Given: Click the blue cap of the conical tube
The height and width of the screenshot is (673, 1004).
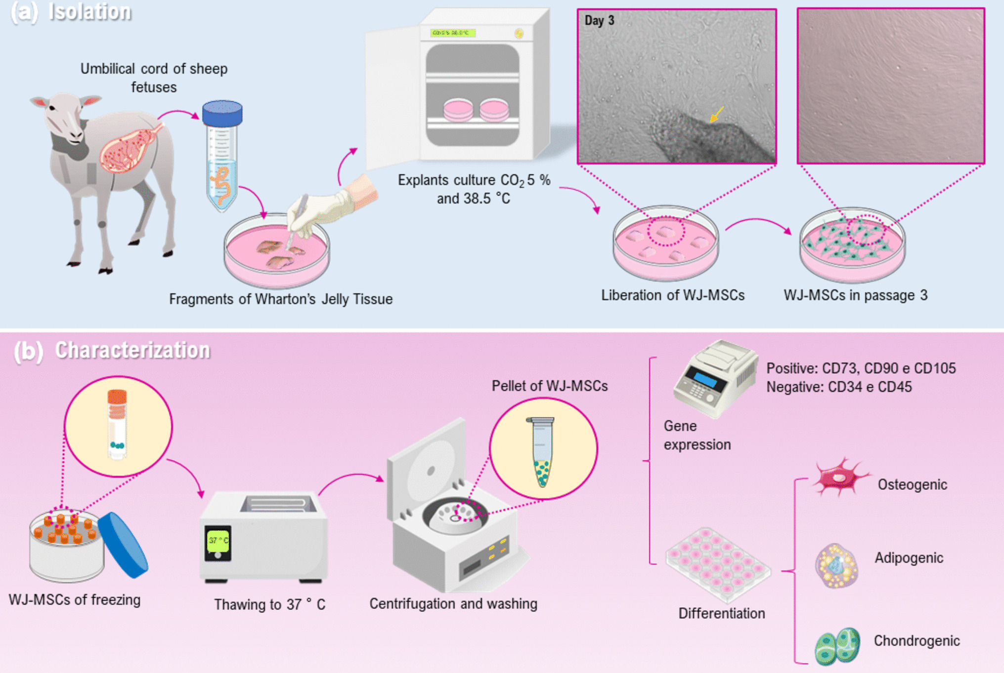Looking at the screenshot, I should coord(222,113).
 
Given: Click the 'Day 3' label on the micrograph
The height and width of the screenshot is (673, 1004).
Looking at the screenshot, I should coord(599,21).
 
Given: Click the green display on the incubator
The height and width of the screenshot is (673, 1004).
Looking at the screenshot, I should coord(452,33).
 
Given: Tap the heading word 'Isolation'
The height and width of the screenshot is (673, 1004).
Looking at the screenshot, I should coord(90,12).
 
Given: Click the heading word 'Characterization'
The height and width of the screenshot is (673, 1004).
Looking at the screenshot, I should coord(132,350).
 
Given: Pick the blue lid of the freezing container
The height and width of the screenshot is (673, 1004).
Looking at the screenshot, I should coord(123,545).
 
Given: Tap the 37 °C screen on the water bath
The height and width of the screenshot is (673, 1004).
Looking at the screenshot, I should coord(218,541).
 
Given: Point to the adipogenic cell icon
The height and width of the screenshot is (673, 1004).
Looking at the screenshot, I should coord(836,566).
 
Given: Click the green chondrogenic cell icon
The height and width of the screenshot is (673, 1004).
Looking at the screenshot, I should coord(837,646).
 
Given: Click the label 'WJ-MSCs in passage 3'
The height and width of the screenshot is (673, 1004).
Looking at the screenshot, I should coord(855,295).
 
